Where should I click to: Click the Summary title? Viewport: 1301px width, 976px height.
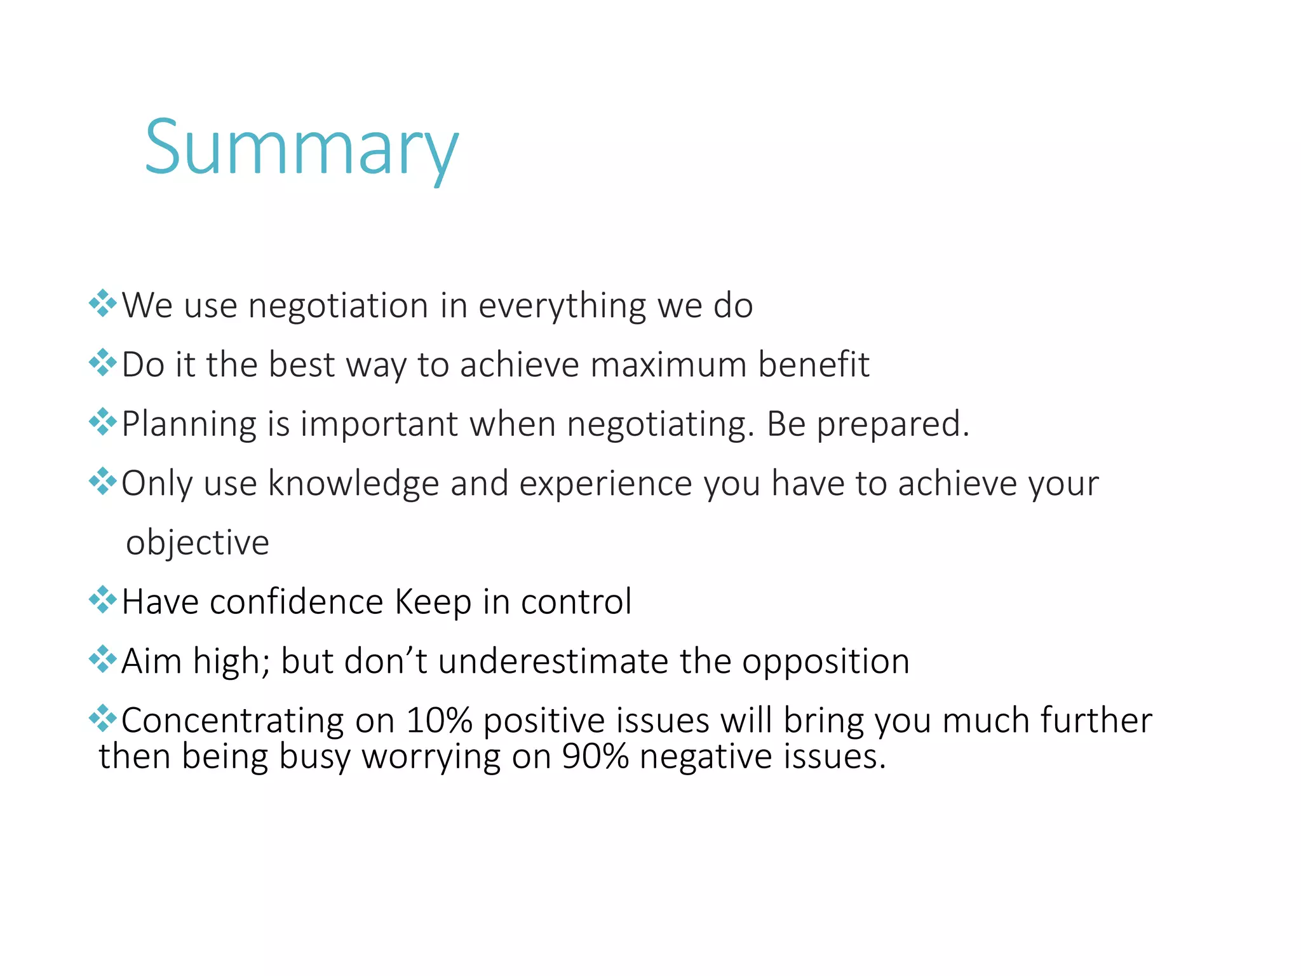pos(301,149)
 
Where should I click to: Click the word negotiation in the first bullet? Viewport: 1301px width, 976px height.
pos(338,306)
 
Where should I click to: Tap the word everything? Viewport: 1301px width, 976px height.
pos(562,306)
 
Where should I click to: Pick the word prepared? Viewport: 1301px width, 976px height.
pos(893,424)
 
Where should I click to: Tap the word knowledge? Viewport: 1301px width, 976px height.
pos(354,484)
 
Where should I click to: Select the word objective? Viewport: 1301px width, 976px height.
pos(198,543)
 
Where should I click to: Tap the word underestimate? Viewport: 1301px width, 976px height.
pos(553,661)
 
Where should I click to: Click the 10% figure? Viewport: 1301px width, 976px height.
pos(439,721)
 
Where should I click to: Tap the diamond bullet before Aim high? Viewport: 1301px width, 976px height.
pos(103,659)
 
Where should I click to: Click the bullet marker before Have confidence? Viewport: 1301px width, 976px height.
pos(103,600)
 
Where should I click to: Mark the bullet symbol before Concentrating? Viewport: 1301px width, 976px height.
pos(103,719)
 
